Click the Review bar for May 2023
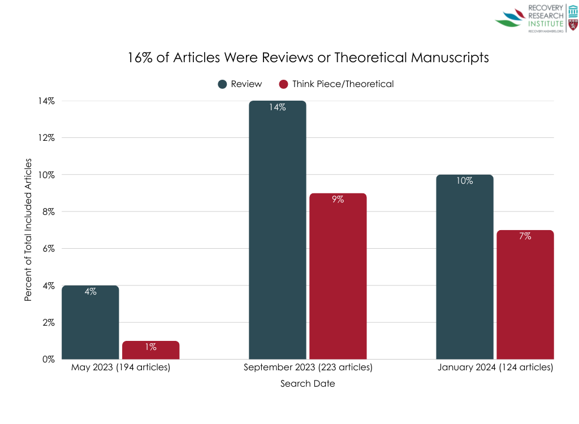pyautogui.click(x=90, y=322)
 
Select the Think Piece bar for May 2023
pyautogui.click(x=150, y=350)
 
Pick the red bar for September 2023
pyautogui.click(x=338, y=276)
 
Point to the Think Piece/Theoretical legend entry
pyautogui.click(x=336, y=84)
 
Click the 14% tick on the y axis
pyautogui.click(x=46, y=101)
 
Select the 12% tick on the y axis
pyautogui.click(x=46, y=138)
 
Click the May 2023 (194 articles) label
pyautogui.click(x=120, y=367)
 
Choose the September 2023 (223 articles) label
pyautogui.click(x=308, y=367)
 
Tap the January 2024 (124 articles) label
pyautogui.click(x=495, y=367)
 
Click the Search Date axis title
pyautogui.click(x=308, y=384)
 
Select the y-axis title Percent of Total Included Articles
pyautogui.click(x=28, y=228)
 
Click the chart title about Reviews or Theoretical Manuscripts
pyautogui.click(x=308, y=58)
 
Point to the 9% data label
pyautogui.click(x=338, y=200)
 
